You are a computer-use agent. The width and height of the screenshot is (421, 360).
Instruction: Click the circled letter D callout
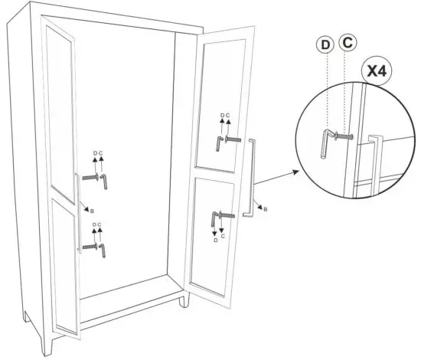325,45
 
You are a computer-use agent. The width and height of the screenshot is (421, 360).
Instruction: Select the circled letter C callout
347,41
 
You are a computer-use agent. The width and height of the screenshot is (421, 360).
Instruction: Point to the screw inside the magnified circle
342,139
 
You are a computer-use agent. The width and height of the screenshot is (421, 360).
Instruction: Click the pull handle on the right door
249,178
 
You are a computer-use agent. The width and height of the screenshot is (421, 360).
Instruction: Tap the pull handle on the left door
77,211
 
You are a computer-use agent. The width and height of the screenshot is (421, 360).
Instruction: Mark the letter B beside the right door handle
265,208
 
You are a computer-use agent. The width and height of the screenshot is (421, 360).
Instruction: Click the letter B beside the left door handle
92,210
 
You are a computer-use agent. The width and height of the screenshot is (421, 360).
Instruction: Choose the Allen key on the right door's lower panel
217,218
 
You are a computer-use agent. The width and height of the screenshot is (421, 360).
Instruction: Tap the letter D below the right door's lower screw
214,241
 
